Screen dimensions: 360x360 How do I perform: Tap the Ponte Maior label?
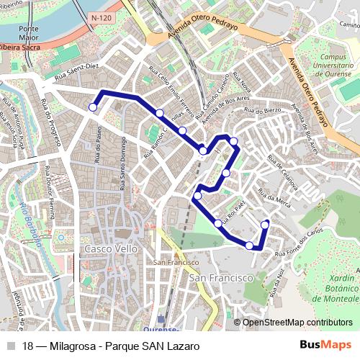[x=30, y=32]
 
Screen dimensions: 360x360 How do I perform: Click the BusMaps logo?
[x=325, y=346]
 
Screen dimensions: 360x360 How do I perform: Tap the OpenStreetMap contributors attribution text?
[x=297, y=323]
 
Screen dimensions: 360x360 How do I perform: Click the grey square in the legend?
[x=10, y=346]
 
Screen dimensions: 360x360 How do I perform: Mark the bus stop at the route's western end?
[x=93, y=107]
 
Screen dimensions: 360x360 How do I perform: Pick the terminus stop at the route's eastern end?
[x=265, y=225]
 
